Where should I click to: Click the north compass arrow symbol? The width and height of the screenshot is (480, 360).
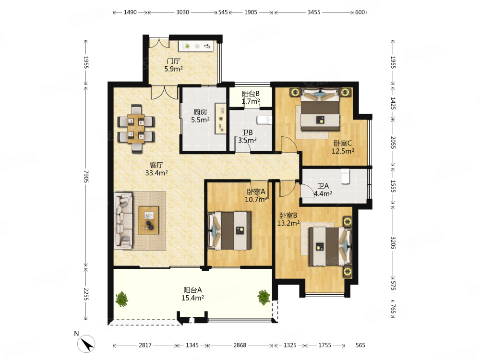pyautogui.click(x=86, y=344)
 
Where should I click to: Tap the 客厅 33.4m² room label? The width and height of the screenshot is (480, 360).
pyautogui.click(x=156, y=169)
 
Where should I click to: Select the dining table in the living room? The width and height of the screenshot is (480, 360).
pyautogui.click(x=136, y=129)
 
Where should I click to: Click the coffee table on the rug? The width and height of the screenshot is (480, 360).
pyautogui.click(x=148, y=220)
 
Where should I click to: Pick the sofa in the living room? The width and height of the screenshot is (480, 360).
pyautogui.click(x=123, y=221)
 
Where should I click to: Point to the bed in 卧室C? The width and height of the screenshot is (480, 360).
pyautogui.click(x=320, y=108)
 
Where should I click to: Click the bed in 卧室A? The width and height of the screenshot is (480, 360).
pyautogui.click(x=229, y=230)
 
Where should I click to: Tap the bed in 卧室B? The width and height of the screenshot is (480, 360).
pyautogui.click(x=329, y=246)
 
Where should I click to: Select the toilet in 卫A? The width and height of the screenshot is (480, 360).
pyautogui.click(x=345, y=176)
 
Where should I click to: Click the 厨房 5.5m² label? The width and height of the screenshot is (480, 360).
pyautogui.click(x=200, y=116)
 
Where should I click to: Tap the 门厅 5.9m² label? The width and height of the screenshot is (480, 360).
pyautogui.click(x=174, y=65)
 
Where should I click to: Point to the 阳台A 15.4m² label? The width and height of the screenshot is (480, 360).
pyautogui.click(x=192, y=294)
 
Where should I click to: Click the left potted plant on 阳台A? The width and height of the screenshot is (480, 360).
pyautogui.click(x=122, y=299)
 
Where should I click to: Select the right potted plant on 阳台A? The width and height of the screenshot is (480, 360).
pyautogui.click(x=264, y=297)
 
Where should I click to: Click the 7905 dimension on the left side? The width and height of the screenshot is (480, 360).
pyautogui.click(x=86, y=177)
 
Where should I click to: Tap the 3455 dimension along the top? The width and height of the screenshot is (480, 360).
pyautogui.click(x=314, y=12)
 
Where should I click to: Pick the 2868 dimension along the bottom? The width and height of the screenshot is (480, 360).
pyautogui.click(x=240, y=345)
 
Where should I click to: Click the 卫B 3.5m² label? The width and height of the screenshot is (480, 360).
pyautogui.click(x=247, y=136)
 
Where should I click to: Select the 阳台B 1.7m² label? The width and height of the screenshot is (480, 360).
pyautogui.click(x=251, y=97)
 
